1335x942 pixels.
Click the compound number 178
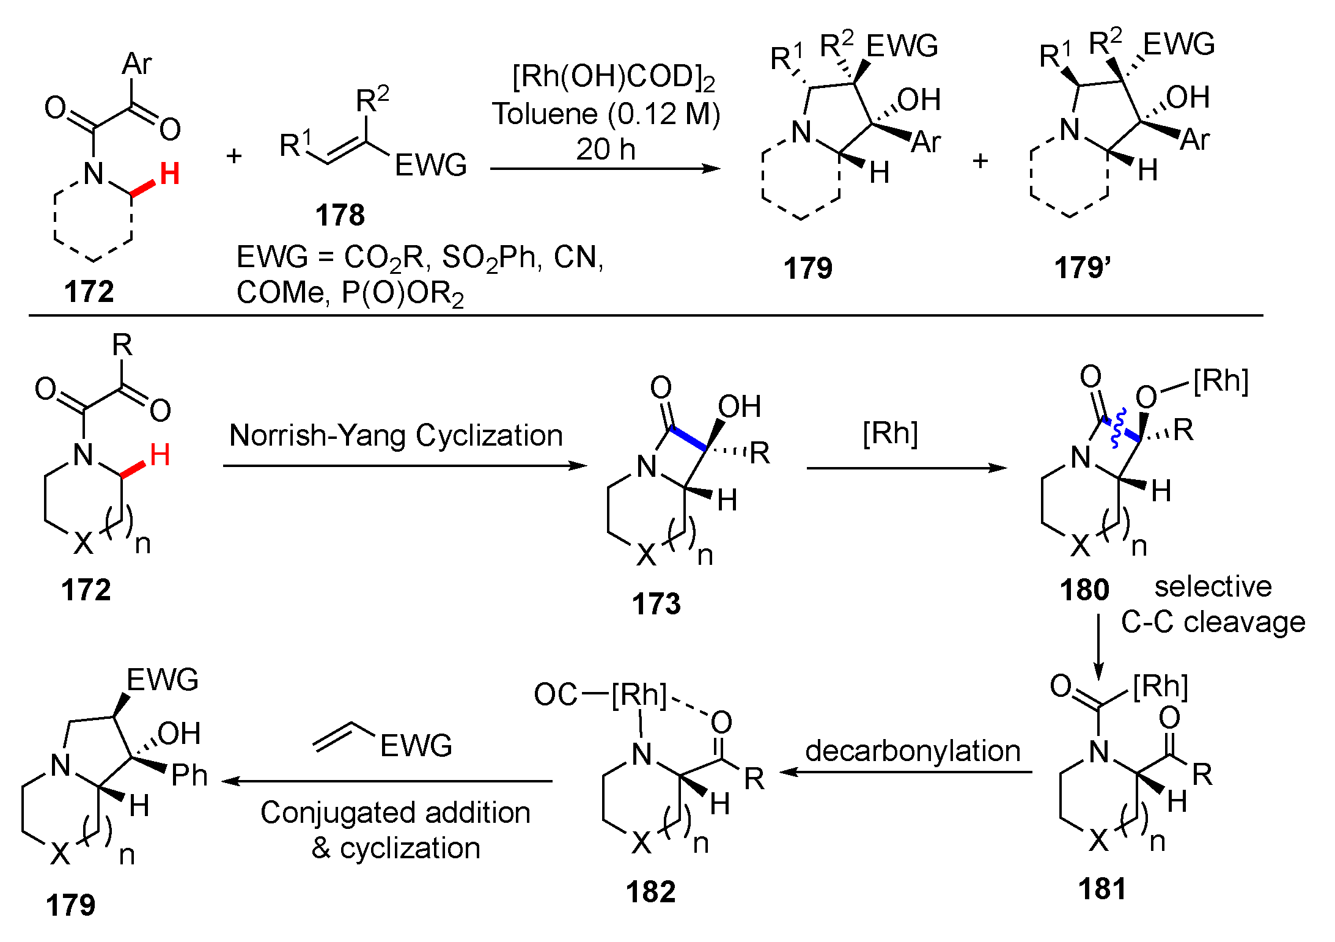[340, 215]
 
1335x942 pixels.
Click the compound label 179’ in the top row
[1082, 268]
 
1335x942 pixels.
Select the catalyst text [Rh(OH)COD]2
[613, 78]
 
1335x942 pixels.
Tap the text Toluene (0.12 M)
[606, 114]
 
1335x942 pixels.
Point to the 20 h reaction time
[605, 150]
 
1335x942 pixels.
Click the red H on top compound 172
[169, 174]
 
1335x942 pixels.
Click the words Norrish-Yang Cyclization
[395, 436]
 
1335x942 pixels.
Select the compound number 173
[656, 604]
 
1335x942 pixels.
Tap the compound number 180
[1084, 590]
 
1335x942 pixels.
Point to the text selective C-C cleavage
[1213, 605]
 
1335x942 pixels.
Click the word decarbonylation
[913, 751]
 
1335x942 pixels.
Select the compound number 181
[1101, 888]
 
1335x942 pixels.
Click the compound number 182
[650, 892]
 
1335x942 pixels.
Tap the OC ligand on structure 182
[555, 694]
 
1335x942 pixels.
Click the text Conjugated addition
[395, 813]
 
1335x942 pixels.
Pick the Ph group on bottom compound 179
[189, 776]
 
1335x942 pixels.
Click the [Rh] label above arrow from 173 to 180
[890, 433]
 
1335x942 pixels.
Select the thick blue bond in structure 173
[688, 438]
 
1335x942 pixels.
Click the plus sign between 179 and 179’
[980, 161]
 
